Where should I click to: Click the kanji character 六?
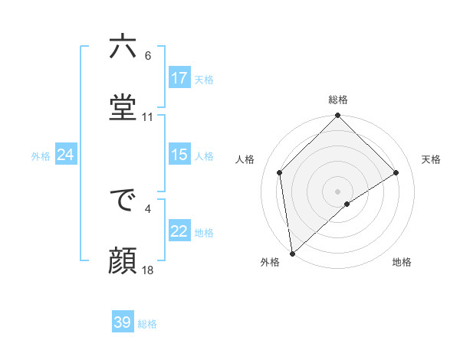pyautogui.click(x=123, y=47)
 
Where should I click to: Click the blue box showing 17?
pyautogui.click(x=179, y=78)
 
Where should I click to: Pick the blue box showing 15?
pyautogui.click(x=179, y=155)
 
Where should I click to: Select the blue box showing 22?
pyautogui.click(x=179, y=231)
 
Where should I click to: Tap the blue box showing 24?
pyautogui.click(x=66, y=155)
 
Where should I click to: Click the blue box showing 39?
pyautogui.click(x=123, y=322)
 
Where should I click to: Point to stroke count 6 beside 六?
pyautogui.click(x=148, y=56)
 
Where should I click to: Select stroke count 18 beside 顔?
pyautogui.click(x=148, y=270)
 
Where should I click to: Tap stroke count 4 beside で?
pyautogui.click(x=148, y=207)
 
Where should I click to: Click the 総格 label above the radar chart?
pyautogui.click(x=338, y=100)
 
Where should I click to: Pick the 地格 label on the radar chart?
pyautogui.click(x=402, y=262)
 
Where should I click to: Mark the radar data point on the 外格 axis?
pyautogui.click(x=292, y=254)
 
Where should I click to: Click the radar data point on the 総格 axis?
pyautogui.click(x=338, y=116)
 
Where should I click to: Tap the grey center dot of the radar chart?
pyautogui.click(x=338, y=191)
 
